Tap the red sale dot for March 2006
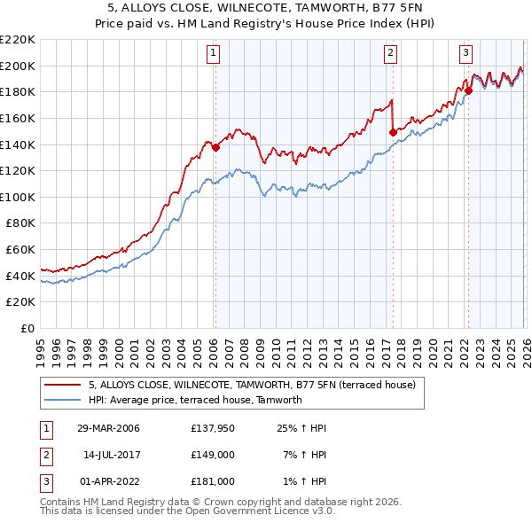click(x=215, y=148)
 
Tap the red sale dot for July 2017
click(x=392, y=132)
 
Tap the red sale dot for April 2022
click(x=469, y=90)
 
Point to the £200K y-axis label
click(x=19, y=66)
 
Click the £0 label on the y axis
click(x=27, y=328)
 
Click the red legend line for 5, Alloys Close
click(x=63, y=385)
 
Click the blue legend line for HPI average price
click(x=63, y=400)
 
